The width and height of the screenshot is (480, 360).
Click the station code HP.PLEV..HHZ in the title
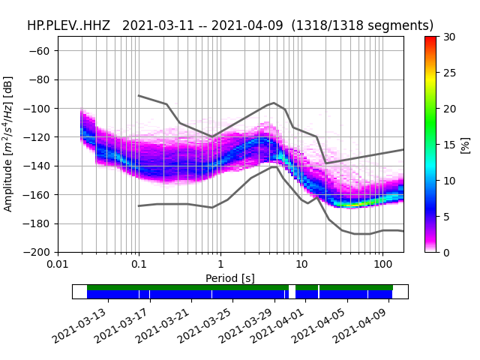(x=68, y=25)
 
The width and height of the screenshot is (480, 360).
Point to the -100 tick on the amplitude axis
(x=37, y=108)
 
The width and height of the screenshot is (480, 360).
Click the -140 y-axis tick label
(x=37, y=166)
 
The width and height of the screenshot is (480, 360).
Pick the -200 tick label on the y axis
(x=37, y=252)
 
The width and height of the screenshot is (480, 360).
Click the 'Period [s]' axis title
(x=230, y=278)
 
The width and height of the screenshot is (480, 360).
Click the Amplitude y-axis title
(x=8, y=143)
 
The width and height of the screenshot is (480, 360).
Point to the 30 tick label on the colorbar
(x=449, y=37)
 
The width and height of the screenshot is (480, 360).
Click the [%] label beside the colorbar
(x=465, y=145)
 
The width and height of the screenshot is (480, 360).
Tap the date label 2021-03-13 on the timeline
(x=79, y=326)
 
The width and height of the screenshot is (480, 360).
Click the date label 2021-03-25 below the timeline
(x=202, y=326)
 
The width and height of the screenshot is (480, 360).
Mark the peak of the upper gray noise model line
(x=274, y=103)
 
